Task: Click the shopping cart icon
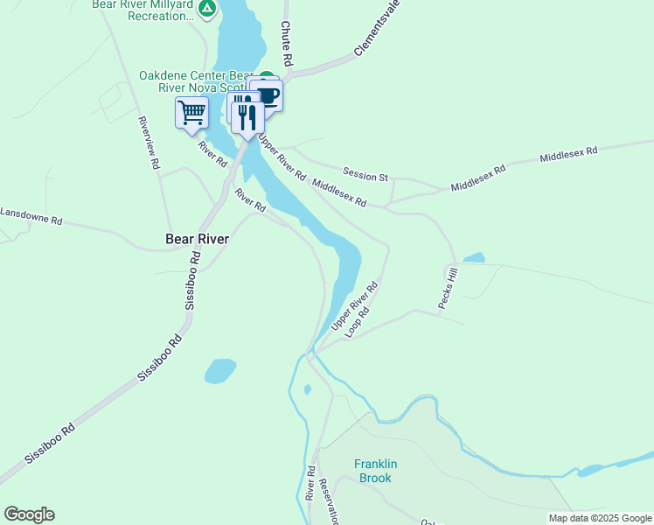point(191,113)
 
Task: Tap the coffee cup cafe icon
point(268,95)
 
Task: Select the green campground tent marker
point(206,10)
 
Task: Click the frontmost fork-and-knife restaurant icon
point(247,116)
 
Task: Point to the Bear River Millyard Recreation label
point(143,10)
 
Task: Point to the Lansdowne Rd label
point(31,217)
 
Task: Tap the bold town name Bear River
point(198,239)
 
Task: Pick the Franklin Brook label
point(373,471)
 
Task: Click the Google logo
point(29,514)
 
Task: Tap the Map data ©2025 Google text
point(599,518)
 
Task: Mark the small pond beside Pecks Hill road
point(473,258)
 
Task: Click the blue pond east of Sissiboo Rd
point(220,370)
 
